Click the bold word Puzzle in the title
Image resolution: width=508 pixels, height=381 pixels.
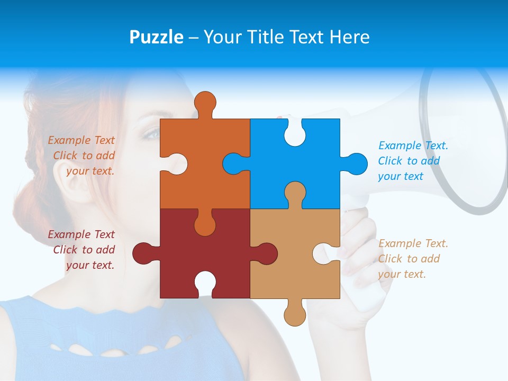pyautogui.click(x=156, y=37)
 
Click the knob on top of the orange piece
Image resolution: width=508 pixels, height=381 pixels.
pyautogui.click(x=205, y=103)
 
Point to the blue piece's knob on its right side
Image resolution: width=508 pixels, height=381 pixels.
pyautogui.click(x=356, y=164)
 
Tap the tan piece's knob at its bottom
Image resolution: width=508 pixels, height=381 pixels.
pyautogui.click(x=295, y=314)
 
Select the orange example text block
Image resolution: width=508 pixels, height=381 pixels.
pyautogui.click(x=82, y=156)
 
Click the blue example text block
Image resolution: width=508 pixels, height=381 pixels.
pyautogui.click(x=413, y=161)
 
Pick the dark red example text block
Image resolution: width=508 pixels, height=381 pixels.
pyautogui.click(x=82, y=250)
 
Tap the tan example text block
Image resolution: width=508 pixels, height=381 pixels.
pyautogui.click(x=413, y=259)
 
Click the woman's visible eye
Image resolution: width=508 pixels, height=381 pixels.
pyautogui.click(x=152, y=134)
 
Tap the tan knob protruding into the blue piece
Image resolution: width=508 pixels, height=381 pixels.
pyautogui.click(x=295, y=193)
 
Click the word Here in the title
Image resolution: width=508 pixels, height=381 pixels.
pyautogui.click(x=349, y=37)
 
